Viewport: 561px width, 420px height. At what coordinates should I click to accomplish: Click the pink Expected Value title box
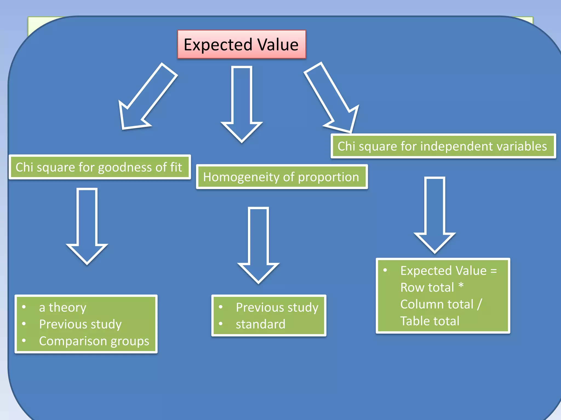[x=241, y=45]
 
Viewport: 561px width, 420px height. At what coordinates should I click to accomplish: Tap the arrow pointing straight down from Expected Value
[x=242, y=104]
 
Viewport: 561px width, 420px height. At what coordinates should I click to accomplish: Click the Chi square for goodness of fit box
[x=99, y=167]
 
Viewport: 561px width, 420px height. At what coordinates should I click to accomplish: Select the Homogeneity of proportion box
[x=282, y=177]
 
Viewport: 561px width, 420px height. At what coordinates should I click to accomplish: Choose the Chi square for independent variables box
[x=443, y=146]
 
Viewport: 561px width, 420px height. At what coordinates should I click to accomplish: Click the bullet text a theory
[x=62, y=307]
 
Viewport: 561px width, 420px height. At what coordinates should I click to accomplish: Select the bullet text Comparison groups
[x=94, y=341]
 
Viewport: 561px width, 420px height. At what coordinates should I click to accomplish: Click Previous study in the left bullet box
[x=80, y=324]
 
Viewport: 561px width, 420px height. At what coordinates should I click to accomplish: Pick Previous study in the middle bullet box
[x=277, y=307]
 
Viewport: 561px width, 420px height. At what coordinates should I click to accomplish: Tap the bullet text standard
[x=261, y=324]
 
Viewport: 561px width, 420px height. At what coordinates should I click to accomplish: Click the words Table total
[x=430, y=321]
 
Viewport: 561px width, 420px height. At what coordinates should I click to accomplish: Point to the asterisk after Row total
[x=461, y=286]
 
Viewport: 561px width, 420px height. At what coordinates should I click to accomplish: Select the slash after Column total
[x=479, y=304]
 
